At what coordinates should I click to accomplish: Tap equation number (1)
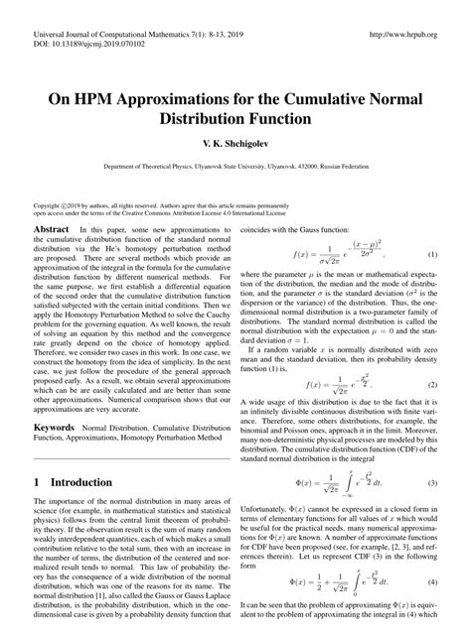click(x=432, y=255)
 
